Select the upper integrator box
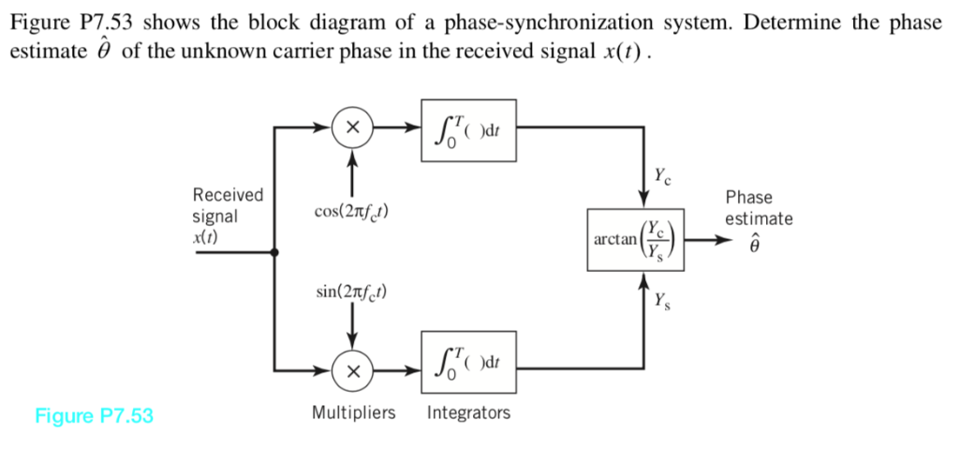[469, 127]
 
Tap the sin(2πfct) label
[352, 292]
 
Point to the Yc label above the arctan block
[663, 174]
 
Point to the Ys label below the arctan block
[663, 302]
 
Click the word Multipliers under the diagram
[353, 412]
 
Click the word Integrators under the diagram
[469, 412]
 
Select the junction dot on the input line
[273, 252]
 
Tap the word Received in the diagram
[228, 195]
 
